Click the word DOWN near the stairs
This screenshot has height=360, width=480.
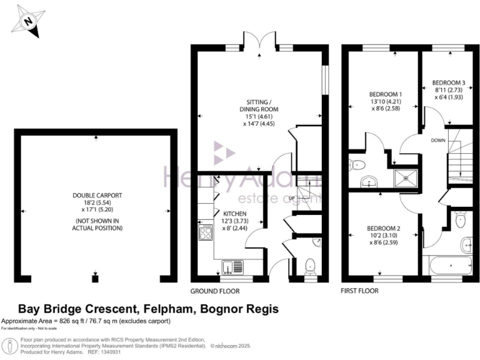(x=438, y=141)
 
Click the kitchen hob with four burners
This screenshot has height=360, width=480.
(x=205, y=233)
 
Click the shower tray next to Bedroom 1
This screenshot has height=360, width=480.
(x=407, y=177)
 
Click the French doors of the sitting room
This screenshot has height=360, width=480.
(x=259, y=42)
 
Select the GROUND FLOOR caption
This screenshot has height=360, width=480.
(x=214, y=291)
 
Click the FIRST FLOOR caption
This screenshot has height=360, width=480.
(x=359, y=291)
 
